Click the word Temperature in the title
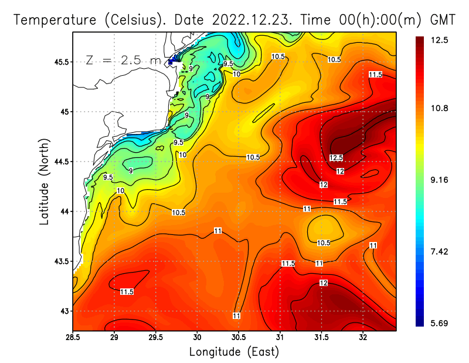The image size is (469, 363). (52, 20)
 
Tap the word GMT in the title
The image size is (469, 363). (443, 20)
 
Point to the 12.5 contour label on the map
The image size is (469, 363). (336, 158)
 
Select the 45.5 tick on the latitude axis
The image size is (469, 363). (60, 62)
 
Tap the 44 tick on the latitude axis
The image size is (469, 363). (63, 211)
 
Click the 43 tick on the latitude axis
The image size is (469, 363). (63, 311)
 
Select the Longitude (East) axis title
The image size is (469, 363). (234, 352)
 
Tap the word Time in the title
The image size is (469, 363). (315, 20)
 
